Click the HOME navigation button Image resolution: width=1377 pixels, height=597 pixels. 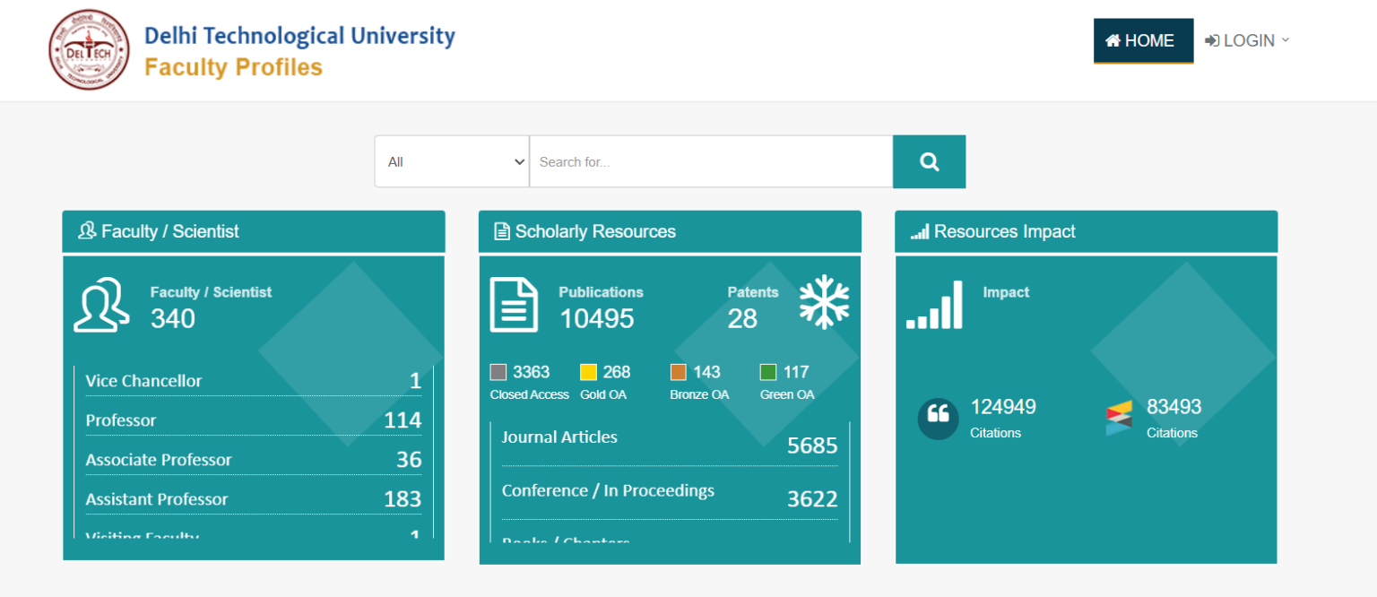tap(1143, 41)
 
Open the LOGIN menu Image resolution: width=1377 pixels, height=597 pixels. tap(1247, 41)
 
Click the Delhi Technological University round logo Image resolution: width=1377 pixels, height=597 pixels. tap(90, 50)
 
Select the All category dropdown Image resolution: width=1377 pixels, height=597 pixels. tap(452, 162)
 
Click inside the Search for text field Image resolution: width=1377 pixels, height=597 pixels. tap(711, 162)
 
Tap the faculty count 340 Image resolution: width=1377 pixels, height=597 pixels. tap(173, 318)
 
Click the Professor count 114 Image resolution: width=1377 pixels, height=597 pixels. tap(402, 420)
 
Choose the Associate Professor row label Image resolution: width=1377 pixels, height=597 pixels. tap(159, 460)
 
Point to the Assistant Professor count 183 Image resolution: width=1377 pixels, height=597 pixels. tap(402, 499)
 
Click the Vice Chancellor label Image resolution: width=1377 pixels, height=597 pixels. tap(143, 381)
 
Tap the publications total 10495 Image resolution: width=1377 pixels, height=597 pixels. tap(597, 318)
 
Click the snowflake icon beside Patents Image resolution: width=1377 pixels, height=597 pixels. tap(824, 301)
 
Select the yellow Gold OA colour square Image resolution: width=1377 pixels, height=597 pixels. tap(588, 372)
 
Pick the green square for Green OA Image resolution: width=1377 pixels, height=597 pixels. tap(768, 372)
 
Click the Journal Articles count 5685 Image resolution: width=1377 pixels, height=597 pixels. tap(811, 446)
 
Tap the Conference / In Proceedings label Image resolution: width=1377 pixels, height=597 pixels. tap(608, 491)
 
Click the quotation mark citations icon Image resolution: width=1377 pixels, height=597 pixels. tap(938, 418)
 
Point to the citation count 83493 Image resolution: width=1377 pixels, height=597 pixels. tap(1173, 407)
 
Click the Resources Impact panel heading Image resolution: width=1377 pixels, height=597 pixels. tap(1004, 231)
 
